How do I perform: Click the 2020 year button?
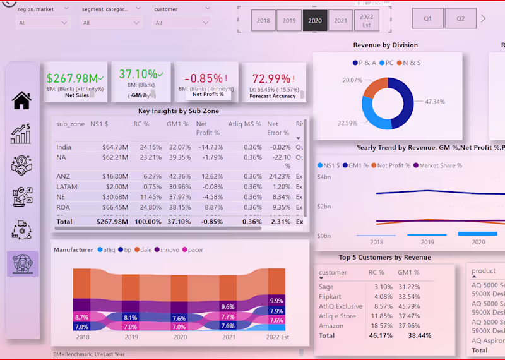[x=315, y=21]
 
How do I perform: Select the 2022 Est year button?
[x=367, y=21]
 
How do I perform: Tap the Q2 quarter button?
[x=461, y=19]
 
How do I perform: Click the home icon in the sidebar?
[x=21, y=100]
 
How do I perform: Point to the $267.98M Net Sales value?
[x=72, y=78]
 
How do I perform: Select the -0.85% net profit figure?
[x=203, y=79]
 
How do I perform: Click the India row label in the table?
[x=64, y=147]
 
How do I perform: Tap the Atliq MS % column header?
[x=244, y=124]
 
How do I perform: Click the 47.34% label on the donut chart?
[x=434, y=101]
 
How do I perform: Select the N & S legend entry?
[x=410, y=63]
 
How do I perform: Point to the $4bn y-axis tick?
[x=323, y=177]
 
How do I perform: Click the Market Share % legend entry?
[x=440, y=165]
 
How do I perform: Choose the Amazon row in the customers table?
[x=331, y=326]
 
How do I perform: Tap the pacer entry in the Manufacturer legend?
[x=195, y=250]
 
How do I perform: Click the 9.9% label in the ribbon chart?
[x=276, y=301]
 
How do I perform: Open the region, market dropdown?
[x=43, y=23]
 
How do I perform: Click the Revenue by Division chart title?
[x=385, y=45]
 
